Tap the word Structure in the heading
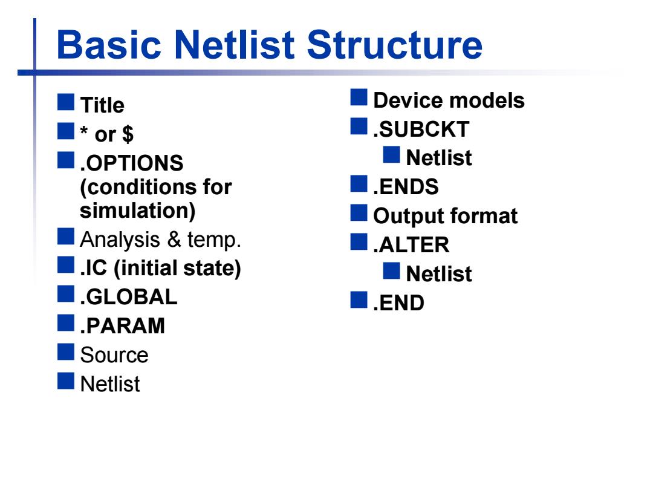point(395,44)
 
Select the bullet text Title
point(102,105)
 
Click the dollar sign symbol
point(128,134)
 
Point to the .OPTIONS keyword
point(132,163)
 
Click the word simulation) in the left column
point(137,211)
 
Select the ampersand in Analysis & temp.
point(174,240)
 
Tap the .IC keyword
point(93,269)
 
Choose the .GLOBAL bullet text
point(129,297)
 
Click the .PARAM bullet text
point(122,326)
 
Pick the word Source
point(114,355)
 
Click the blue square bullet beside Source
point(66,351)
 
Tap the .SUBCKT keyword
point(421,129)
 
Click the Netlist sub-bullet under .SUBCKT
point(439,158)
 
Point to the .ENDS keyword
point(406,187)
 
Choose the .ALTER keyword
point(411,244)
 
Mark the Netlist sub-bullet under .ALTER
point(439,274)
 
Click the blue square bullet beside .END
point(359,299)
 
